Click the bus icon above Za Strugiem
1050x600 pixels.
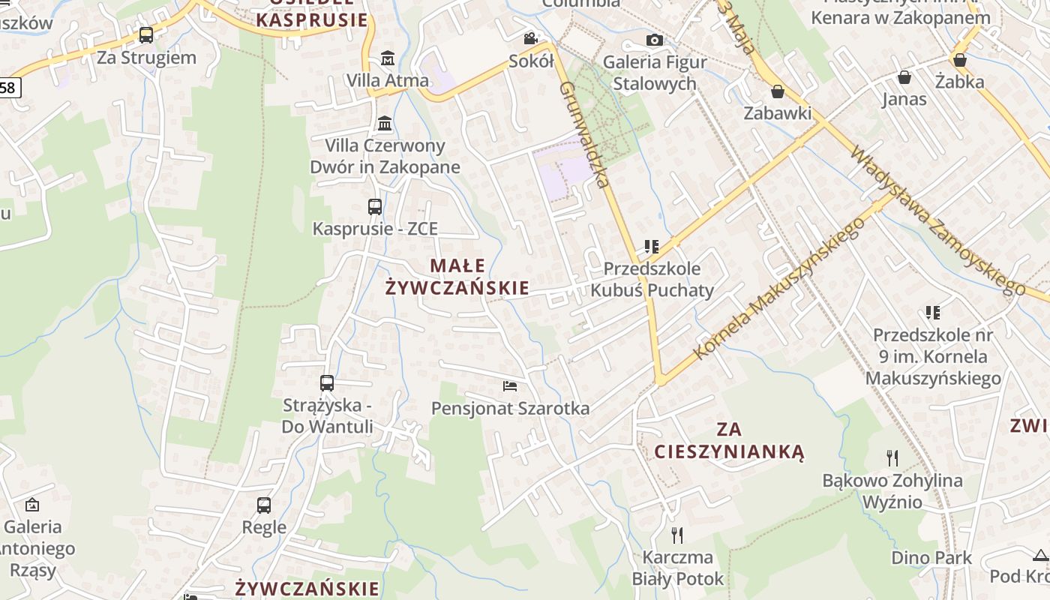coord(146,35)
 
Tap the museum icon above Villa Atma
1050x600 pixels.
coord(388,58)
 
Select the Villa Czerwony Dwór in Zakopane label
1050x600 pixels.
coord(385,156)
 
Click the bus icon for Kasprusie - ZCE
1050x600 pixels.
coord(375,207)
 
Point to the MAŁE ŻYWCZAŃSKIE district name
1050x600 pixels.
coord(457,277)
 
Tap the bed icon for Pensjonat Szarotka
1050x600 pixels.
coord(510,386)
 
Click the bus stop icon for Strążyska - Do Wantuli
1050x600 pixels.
coord(327,383)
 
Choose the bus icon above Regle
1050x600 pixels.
coord(264,505)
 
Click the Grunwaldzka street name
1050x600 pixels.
coord(583,135)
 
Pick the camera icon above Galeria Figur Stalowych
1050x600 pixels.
coord(654,40)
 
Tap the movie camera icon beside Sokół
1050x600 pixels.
coord(530,38)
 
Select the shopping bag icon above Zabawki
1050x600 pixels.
coord(778,91)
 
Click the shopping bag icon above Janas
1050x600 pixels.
coord(904,77)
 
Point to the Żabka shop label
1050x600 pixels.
coord(959,82)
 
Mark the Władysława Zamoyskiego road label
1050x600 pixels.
coord(937,220)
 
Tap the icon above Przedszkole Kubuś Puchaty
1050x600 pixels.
coord(651,246)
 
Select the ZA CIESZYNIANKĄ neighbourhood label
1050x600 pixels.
coord(729,440)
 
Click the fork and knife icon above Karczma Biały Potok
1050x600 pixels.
coord(677,535)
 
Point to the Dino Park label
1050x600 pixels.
coord(931,558)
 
